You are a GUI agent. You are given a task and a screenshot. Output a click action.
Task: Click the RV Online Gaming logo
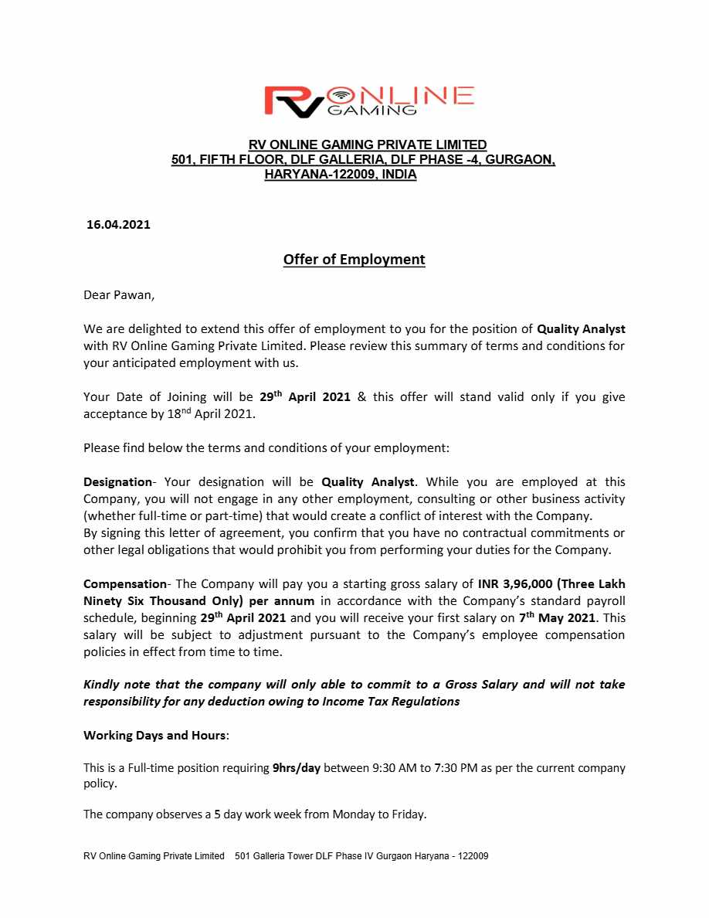(x=368, y=102)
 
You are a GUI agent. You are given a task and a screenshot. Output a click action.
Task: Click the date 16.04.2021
(x=118, y=225)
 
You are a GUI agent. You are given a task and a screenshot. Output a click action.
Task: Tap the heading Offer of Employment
(x=354, y=260)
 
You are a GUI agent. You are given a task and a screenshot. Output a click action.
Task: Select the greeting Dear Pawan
(x=119, y=294)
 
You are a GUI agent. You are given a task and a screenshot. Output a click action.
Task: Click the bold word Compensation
(x=124, y=583)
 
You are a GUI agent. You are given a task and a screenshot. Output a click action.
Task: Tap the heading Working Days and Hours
(x=154, y=735)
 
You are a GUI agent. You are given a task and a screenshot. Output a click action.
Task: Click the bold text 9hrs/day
(x=296, y=768)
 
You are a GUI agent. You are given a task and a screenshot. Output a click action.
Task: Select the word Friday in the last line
(x=407, y=814)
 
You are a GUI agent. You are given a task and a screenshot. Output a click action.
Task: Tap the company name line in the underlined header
(x=367, y=144)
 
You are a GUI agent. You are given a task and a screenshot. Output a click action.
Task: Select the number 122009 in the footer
(x=473, y=856)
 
